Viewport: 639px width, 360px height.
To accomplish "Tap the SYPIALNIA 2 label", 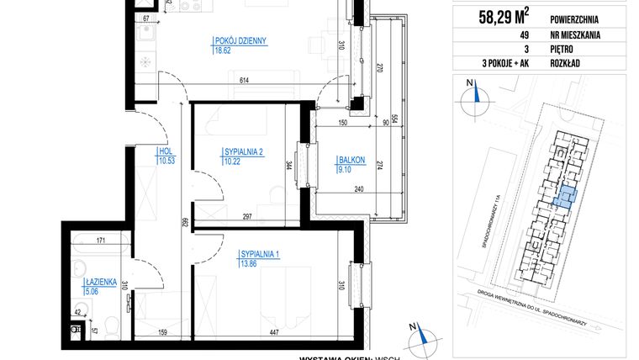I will [244, 151].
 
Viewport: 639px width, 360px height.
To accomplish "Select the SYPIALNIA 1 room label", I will [261, 254].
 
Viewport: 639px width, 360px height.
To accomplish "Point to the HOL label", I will [164, 152].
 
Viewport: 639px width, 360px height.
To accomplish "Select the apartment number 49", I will [500, 34].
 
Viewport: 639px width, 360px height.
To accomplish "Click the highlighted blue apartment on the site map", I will [565, 198].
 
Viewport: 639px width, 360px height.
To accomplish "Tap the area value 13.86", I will [250, 264].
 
